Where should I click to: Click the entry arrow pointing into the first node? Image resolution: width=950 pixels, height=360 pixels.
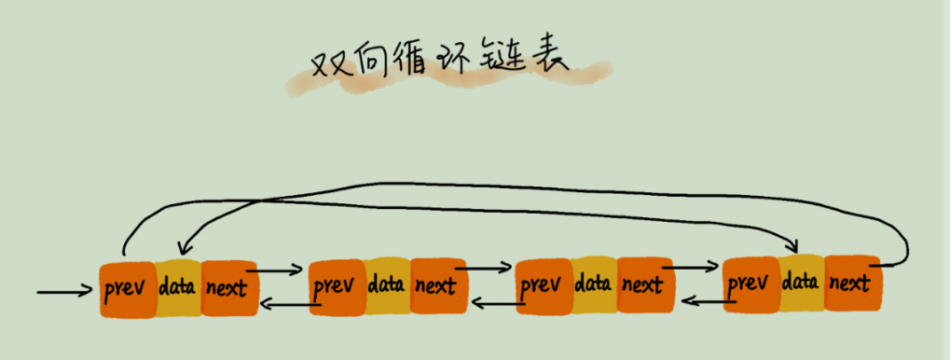pyautogui.click(x=65, y=293)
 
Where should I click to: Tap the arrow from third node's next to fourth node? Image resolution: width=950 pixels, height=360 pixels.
pyautogui.click(x=690, y=267)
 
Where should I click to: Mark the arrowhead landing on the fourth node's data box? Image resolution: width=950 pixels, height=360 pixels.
pyautogui.click(x=793, y=244)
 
